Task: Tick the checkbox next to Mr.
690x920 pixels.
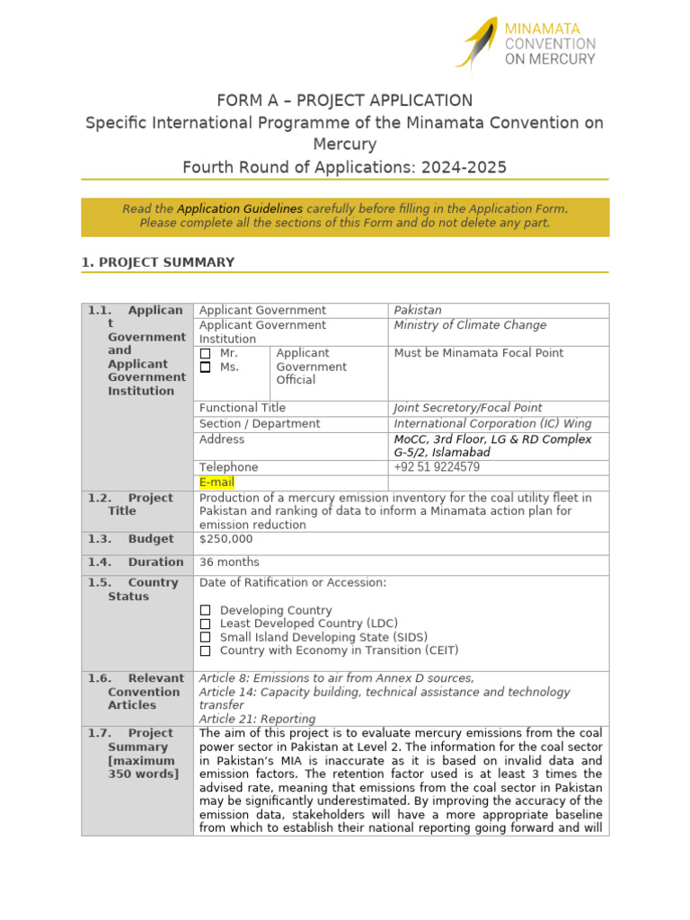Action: [205, 354]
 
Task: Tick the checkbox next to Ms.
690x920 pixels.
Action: [205, 367]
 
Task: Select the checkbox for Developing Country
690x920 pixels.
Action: [205, 611]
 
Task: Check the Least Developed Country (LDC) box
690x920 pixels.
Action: [205, 624]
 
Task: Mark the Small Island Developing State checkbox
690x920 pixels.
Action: [205, 637]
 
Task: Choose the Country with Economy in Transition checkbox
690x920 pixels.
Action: [205, 650]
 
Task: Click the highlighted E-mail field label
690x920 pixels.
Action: [217, 482]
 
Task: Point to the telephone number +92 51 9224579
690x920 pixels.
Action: [437, 467]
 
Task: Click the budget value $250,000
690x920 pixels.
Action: [226, 539]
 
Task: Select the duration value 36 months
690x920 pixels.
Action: [229, 562]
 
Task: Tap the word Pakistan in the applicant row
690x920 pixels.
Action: [418, 310]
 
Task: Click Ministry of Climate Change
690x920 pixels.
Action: [470, 325]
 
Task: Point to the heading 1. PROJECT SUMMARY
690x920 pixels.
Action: [158, 262]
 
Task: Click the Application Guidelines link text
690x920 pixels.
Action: [240, 208]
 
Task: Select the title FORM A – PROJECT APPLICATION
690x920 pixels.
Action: [345, 101]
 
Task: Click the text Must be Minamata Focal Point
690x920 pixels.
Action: [479, 353]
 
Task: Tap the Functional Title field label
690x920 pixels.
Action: [243, 408]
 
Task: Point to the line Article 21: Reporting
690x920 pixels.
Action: [257, 719]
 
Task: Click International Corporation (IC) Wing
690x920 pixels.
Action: [493, 423]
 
